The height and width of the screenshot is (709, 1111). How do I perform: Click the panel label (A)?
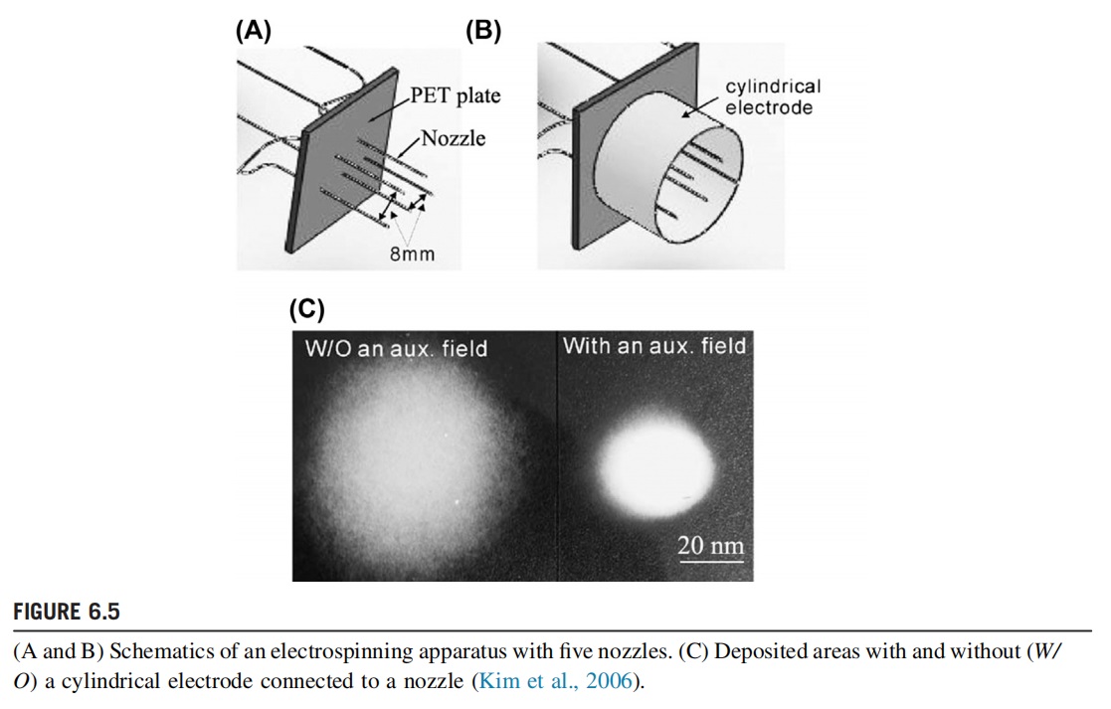click(x=253, y=31)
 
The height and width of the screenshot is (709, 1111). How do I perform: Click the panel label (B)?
click(x=483, y=31)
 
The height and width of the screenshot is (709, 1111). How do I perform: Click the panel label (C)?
click(x=306, y=309)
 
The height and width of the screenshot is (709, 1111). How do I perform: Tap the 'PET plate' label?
click(x=456, y=96)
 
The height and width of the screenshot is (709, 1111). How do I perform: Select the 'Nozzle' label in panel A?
click(x=454, y=138)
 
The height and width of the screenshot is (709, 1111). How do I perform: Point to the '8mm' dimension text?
click(x=412, y=255)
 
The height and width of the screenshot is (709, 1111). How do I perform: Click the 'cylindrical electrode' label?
click(x=773, y=96)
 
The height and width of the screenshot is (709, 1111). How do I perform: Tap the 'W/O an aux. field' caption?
click(x=396, y=349)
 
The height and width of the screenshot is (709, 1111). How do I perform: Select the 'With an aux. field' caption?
click(x=653, y=346)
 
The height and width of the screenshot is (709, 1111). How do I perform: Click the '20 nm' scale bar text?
click(x=710, y=545)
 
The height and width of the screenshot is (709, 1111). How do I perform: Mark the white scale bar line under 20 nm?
click(x=710, y=560)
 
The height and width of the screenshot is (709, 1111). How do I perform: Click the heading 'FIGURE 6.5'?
click(x=67, y=610)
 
